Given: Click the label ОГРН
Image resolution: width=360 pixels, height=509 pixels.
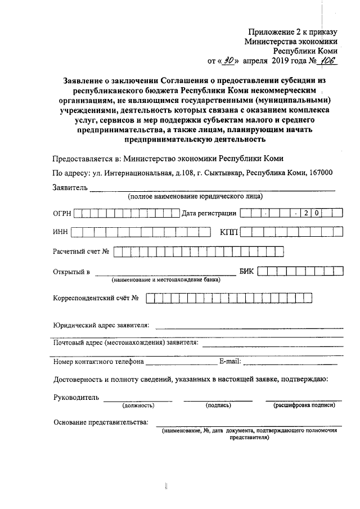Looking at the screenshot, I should click(x=62, y=214).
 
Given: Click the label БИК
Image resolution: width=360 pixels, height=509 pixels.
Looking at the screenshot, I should click(x=247, y=272).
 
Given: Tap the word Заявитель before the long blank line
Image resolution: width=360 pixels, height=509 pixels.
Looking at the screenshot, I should click(x=70, y=188).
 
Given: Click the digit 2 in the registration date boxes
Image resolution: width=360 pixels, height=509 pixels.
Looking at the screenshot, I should click(x=307, y=214).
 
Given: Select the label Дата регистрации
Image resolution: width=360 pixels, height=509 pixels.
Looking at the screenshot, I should click(x=208, y=214).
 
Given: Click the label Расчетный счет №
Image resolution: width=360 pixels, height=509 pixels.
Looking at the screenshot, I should click(x=81, y=251).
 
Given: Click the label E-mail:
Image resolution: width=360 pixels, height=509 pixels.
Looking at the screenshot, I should click(x=229, y=361).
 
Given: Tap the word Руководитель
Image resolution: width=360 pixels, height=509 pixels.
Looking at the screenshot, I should click(x=76, y=398).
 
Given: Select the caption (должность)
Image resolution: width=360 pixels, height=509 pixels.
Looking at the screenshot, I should click(x=138, y=405).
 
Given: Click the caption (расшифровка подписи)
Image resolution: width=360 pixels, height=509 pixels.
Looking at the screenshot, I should click(x=304, y=405).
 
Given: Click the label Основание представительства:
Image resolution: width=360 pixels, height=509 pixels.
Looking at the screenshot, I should click(x=101, y=422).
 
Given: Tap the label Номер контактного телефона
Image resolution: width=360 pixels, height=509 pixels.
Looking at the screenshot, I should click(x=98, y=361).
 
